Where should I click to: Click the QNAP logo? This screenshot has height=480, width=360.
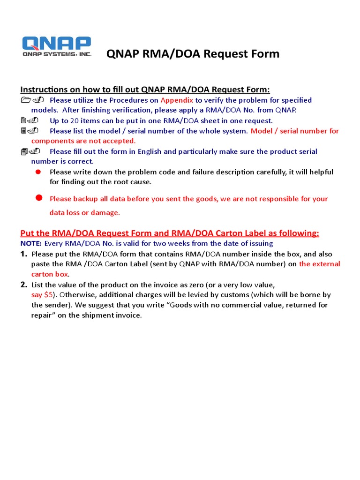coord(57,47)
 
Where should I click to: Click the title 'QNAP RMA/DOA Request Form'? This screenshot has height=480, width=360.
coord(193,54)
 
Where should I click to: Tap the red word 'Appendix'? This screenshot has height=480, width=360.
coord(177,100)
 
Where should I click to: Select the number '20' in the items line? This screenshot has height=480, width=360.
coord(75,120)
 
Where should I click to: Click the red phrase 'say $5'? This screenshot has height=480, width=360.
coord(42,295)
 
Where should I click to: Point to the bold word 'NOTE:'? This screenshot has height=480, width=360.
coord(31,244)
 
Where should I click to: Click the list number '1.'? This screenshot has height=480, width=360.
coord(24,254)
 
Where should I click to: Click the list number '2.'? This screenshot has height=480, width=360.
coord(24,285)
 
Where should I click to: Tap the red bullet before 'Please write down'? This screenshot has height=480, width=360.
coord(39,172)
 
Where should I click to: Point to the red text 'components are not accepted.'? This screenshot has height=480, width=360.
coord(83,141)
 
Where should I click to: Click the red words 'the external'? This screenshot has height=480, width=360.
coord(320,264)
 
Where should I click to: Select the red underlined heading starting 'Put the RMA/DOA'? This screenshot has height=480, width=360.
coord(170,233)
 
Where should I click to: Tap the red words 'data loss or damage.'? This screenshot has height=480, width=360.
coord(85,212)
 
